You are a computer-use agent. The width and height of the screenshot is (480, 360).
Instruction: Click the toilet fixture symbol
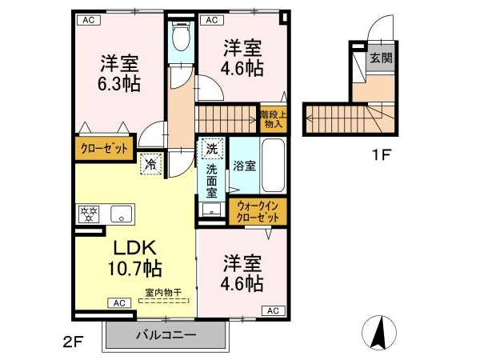point(182,37)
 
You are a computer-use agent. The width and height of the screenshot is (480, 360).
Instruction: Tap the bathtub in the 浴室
point(273,166)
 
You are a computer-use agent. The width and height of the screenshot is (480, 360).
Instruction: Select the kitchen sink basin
point(122,214)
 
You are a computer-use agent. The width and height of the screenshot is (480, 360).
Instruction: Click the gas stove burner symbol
point(89,214)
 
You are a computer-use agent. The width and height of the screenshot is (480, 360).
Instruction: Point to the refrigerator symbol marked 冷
point(151,164)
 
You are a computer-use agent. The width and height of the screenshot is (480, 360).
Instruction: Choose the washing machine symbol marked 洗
point(211,149)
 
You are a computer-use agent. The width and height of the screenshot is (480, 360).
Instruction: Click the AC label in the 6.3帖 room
point(88,20)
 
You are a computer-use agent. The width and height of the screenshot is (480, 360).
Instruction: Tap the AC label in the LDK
point(119,303)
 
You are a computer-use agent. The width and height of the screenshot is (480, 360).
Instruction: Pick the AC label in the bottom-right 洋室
point(274,310)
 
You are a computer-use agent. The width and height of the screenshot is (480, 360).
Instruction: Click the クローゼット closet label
point(104,149)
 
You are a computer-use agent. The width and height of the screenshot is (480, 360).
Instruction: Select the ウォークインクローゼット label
point(258,212)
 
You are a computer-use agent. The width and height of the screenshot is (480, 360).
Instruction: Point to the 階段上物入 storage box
point(274,119)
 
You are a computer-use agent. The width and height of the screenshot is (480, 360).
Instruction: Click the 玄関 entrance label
point(381,58)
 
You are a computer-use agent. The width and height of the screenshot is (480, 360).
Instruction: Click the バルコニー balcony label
point(166,334)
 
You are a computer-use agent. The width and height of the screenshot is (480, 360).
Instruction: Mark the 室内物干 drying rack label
point(163,292)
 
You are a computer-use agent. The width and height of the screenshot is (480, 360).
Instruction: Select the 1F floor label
point(382,155)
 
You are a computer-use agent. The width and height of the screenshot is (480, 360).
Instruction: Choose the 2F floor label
point(74,342)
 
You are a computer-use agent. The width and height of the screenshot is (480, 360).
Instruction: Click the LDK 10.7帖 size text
point(134,258)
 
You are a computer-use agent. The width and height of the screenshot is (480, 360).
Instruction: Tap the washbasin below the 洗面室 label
point(211,210)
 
